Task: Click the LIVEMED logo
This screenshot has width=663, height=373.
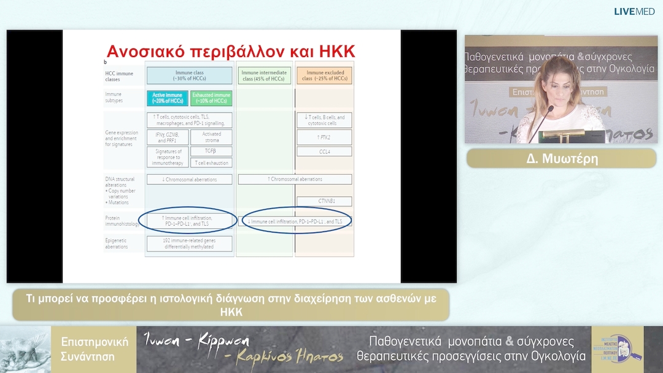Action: pos(634,11)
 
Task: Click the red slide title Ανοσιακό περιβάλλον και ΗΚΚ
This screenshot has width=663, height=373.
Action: pos(231,50)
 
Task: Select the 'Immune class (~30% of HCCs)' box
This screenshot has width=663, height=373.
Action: pos(189,75)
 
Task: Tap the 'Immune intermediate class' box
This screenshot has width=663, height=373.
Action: pos(264,75)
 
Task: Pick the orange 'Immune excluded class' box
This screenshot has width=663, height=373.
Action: pos(325,75)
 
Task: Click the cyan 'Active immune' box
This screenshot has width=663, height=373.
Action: pos(167,98)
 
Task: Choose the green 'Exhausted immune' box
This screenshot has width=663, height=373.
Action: pos(211,98)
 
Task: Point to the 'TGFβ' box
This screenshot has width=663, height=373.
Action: pos(211,151)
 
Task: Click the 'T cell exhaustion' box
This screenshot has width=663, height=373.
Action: pos(211,163)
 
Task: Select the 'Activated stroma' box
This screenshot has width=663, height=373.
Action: pos(211,136)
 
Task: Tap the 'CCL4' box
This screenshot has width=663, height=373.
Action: pos(325,151)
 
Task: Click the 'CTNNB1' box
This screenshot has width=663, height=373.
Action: pos(325,201)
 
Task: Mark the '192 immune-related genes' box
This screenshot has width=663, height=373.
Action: pos(189,244)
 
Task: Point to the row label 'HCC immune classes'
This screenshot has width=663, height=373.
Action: pos(119,76)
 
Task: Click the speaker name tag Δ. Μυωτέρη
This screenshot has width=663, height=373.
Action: pos(560,158)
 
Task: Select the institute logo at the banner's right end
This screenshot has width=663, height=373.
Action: pos(616,349)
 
